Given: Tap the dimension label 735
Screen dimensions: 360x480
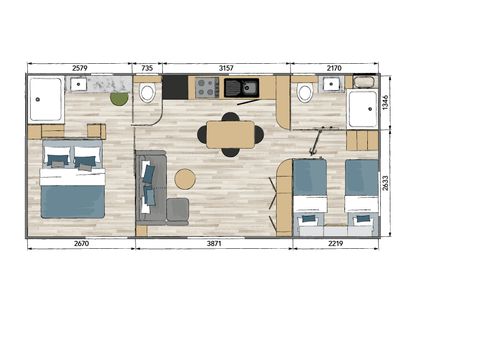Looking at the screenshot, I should (147, 67).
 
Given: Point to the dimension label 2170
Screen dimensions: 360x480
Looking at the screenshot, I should (333, 67).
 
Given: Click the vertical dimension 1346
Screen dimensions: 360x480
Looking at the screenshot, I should (387, 103).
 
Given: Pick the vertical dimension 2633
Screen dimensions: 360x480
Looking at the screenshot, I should (387, 183).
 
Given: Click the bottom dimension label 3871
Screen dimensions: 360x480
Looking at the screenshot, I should (214, 244).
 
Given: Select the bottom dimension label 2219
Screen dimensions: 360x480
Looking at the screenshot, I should (333, 244).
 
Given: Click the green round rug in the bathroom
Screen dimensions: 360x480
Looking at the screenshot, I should (119, 98).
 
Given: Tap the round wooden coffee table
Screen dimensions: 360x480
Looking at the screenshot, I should (185, 179).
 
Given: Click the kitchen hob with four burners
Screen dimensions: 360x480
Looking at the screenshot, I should (207, 89).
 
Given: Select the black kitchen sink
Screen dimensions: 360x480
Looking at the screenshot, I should (240, 88).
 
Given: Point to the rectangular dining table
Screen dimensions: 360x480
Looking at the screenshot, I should (231, 135).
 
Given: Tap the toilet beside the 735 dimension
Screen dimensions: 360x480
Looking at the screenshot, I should (148, 93).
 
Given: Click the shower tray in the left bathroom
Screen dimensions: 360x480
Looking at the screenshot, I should (46, 99).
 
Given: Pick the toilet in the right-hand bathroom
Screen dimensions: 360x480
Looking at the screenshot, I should (305, 93).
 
